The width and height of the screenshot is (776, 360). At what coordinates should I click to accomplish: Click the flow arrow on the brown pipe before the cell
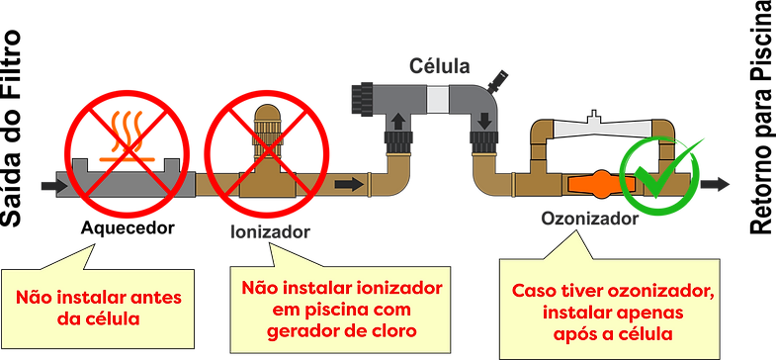348,184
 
